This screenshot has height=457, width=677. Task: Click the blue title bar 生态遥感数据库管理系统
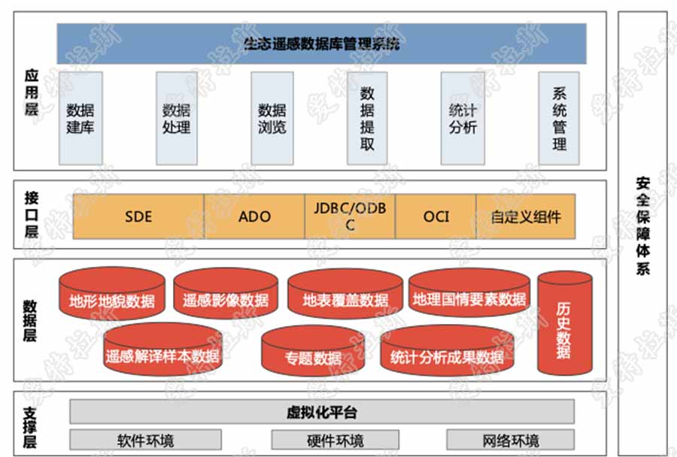[x=321, y=44]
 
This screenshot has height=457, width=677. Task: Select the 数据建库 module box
[x=80, y=118]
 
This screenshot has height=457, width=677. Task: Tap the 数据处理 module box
[x=176, y=118]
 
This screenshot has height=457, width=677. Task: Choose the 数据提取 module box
[x=367, y=118]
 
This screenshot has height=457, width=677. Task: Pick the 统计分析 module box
[x=462, y=118]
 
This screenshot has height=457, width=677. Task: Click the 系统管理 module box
[x=559, y=118]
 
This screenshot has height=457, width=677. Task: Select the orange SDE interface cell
[x=138, y=216]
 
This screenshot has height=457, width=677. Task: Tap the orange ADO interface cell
[x=254, y=216]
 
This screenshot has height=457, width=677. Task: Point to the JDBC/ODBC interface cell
[x=350, y=216]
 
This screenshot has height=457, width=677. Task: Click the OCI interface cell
[x=436, y=216]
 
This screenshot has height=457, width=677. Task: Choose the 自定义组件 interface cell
[x=526, y=216]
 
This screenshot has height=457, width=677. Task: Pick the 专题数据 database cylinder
[x=313, y=355]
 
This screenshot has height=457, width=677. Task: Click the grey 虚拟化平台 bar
[x=322, y=412]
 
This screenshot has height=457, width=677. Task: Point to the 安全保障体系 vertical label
[x=642, y=225]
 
